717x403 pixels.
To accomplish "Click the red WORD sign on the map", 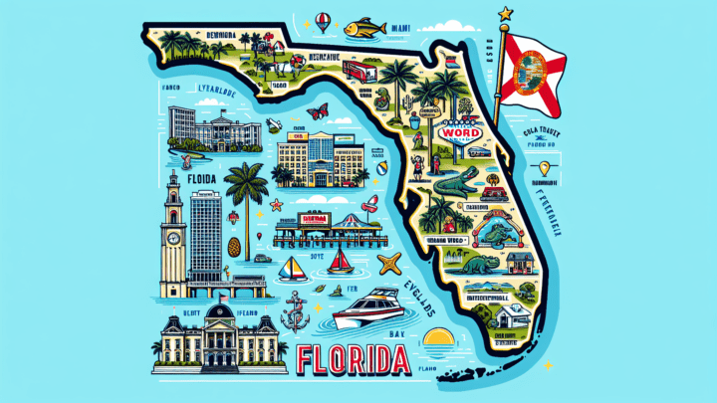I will point(458,132).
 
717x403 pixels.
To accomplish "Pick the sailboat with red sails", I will point(341,263).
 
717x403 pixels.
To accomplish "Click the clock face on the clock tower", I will point(173,210).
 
